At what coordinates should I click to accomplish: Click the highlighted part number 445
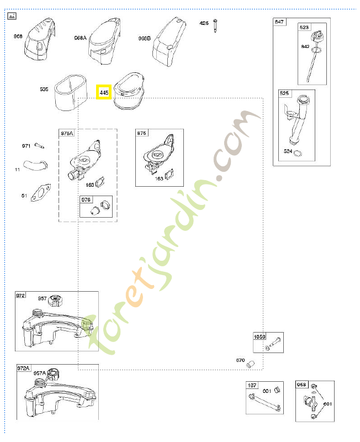[x=104, y=92]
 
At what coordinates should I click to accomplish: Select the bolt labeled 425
[x=215, y=25]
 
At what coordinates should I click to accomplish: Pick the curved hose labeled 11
[x=38, y=165]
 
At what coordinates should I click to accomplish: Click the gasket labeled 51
[x=40, y=194]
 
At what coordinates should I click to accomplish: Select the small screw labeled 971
[x=39, y=145]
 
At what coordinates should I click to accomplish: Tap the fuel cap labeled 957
[x=55, y=301]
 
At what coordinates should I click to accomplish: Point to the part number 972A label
[x=24, y=368]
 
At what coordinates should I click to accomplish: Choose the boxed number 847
[x=279, y=22]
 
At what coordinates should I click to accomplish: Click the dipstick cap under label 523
[x=317, y=40]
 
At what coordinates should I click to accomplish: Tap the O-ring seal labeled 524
[x=298, y=153]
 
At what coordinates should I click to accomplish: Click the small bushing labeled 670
[x=250, y=363]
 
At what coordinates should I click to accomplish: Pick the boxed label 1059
[x=260, y=337]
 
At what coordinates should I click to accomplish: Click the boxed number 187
[x=252, y=386]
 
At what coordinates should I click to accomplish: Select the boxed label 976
[x=86, y=200]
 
